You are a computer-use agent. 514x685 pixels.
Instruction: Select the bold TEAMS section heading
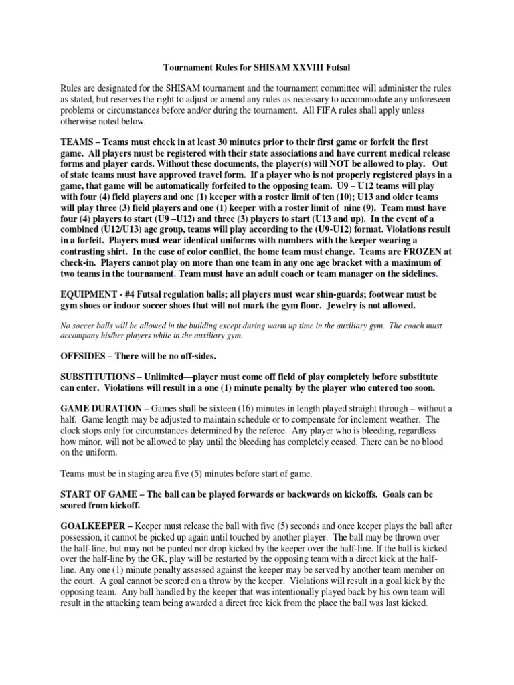click(x=78, y=143)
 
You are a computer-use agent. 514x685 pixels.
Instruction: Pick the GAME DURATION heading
click(x=101, y=409)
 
